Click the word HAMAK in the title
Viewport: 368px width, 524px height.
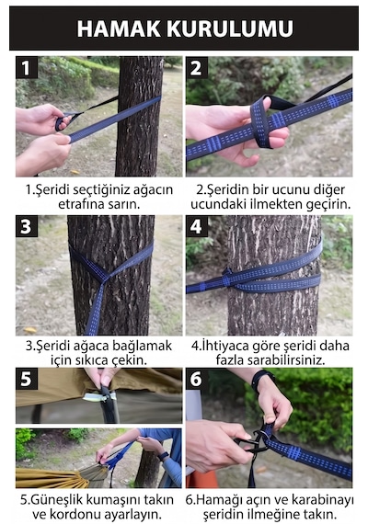pos(119,28)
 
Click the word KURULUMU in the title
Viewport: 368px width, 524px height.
pos(230,28)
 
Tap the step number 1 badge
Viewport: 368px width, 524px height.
pos(26,68)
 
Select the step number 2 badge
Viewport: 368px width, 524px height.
pos(196,68)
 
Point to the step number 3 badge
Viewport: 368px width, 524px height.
pos(26,226)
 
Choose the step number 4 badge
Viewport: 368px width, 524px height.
pos(196,226)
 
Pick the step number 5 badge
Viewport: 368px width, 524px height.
pos(26,379)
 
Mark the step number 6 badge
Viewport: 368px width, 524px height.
pos(196,379)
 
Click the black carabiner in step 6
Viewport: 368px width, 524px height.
pos(253,442)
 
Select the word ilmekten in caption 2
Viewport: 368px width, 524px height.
pos(273,204)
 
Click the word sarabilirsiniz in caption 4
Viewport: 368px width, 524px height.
pos(286,360)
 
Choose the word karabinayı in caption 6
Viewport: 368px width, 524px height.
pos(322,500)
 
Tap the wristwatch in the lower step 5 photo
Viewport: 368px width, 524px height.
pos(164,456)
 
